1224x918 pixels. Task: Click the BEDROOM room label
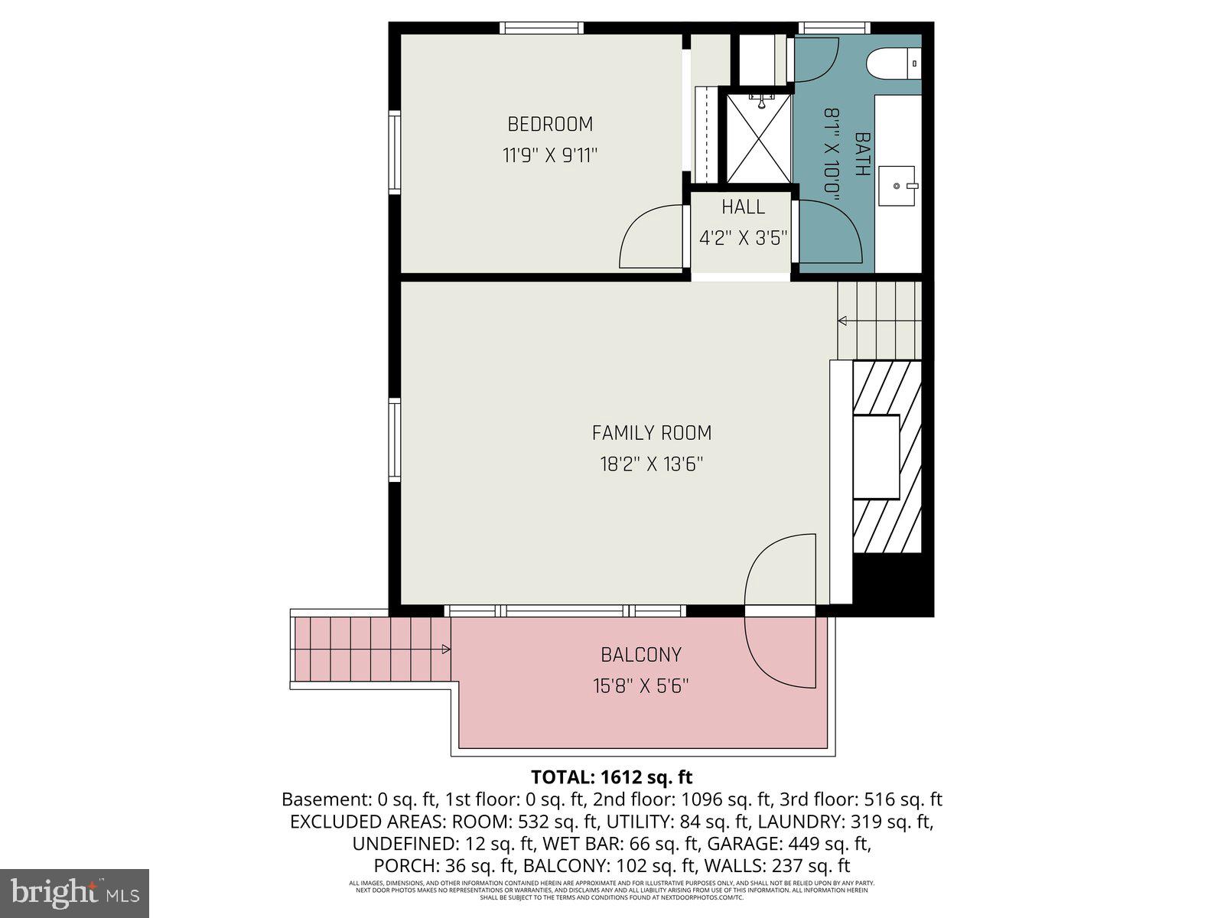click(x=550, y=124)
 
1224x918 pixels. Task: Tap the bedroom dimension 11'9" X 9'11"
click(x=549, y=156)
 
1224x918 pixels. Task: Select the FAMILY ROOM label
click(x=651, y=433)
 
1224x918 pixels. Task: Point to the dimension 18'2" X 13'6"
click(x=651, y=464)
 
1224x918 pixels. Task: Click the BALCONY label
click(x=640, y=655)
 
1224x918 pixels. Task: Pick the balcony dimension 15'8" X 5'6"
click(x=640, y=686)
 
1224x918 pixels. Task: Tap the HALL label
click(x=743, y=207)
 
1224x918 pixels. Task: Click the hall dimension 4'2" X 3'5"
click(x=743, y=238)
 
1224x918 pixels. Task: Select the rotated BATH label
click(x=862, y=154)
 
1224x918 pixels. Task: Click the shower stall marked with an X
click(x=758, y=138)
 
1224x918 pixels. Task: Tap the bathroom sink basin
click(x=897, y=186)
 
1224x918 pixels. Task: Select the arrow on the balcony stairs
click(x=445, y=649)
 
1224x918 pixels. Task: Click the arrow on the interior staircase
click(x=842, y=321)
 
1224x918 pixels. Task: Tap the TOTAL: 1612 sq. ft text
click(x=611, y=777)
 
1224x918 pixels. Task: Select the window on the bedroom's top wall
click(x=542, y=28)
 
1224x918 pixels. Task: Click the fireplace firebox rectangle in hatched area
click(x=876, y=457)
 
